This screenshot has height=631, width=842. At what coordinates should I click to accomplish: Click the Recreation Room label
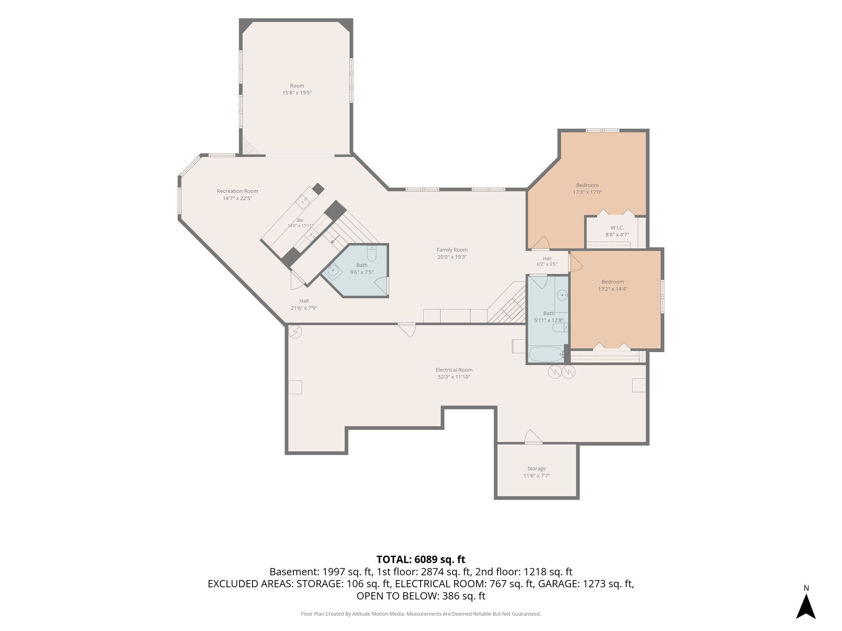pyautogui.click(x=237, y=191)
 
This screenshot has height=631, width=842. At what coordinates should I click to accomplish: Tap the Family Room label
pyautogui.click(x=452, y=250)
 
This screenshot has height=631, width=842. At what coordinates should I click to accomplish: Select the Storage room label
pyautogui.click(x=536, y=469)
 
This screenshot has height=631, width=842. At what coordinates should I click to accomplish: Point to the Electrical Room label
pyautogui.click(x=454, y=370)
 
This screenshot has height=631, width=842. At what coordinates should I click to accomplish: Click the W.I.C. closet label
pyautogui.click(x=617, y=228)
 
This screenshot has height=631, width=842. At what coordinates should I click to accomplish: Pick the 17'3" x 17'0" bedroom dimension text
pyautogui.click(x=587, y=192)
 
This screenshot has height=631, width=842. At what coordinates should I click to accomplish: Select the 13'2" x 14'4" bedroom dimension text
pyautogui.click(x=613, y=289)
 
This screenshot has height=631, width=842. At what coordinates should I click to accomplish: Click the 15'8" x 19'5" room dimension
pyautogui.click(x=297, y=93)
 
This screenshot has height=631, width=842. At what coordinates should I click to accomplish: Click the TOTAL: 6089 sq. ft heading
pyautogui.click(x=421, y=559)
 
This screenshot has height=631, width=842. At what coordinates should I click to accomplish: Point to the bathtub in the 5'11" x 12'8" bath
pyautogui.click(x=546, y=354)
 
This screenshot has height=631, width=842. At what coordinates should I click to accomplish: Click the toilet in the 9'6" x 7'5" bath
pyautogui.click(x=371, y=254)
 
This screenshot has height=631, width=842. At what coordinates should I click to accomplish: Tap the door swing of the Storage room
pyautogui.click(x=533, y=437)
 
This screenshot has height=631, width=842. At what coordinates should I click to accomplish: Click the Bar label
pyautogui.click(x=300, y=220)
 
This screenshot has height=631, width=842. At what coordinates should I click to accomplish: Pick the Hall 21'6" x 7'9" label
pyautogui.click(x=304, y=305)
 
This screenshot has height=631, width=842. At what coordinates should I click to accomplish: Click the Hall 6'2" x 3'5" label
pyautogui.click(x=547, y=262)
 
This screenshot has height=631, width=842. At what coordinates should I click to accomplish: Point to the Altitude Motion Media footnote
pyautogui.click(x=421, y=614)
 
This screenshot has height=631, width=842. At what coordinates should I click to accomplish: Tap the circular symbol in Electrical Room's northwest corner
pyautogui.click(x=295, y=332)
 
